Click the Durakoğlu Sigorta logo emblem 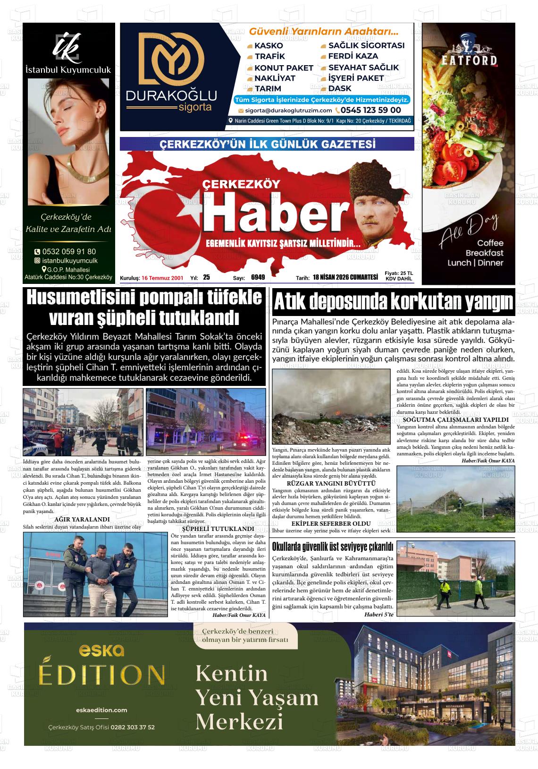coord(170,58)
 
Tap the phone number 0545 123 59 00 coord(371,110)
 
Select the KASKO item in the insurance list coord(269,46)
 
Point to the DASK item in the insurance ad coord(340,88)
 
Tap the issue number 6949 coord(258,278)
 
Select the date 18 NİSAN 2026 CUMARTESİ coord(345,278)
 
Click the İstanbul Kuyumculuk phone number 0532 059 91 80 coord(69,251)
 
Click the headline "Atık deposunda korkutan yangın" coord(393,301)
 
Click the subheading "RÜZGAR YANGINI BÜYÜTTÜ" coord(331,483)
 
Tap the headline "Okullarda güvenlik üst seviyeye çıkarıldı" coord(333,547)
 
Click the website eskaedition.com coord(101,710)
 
